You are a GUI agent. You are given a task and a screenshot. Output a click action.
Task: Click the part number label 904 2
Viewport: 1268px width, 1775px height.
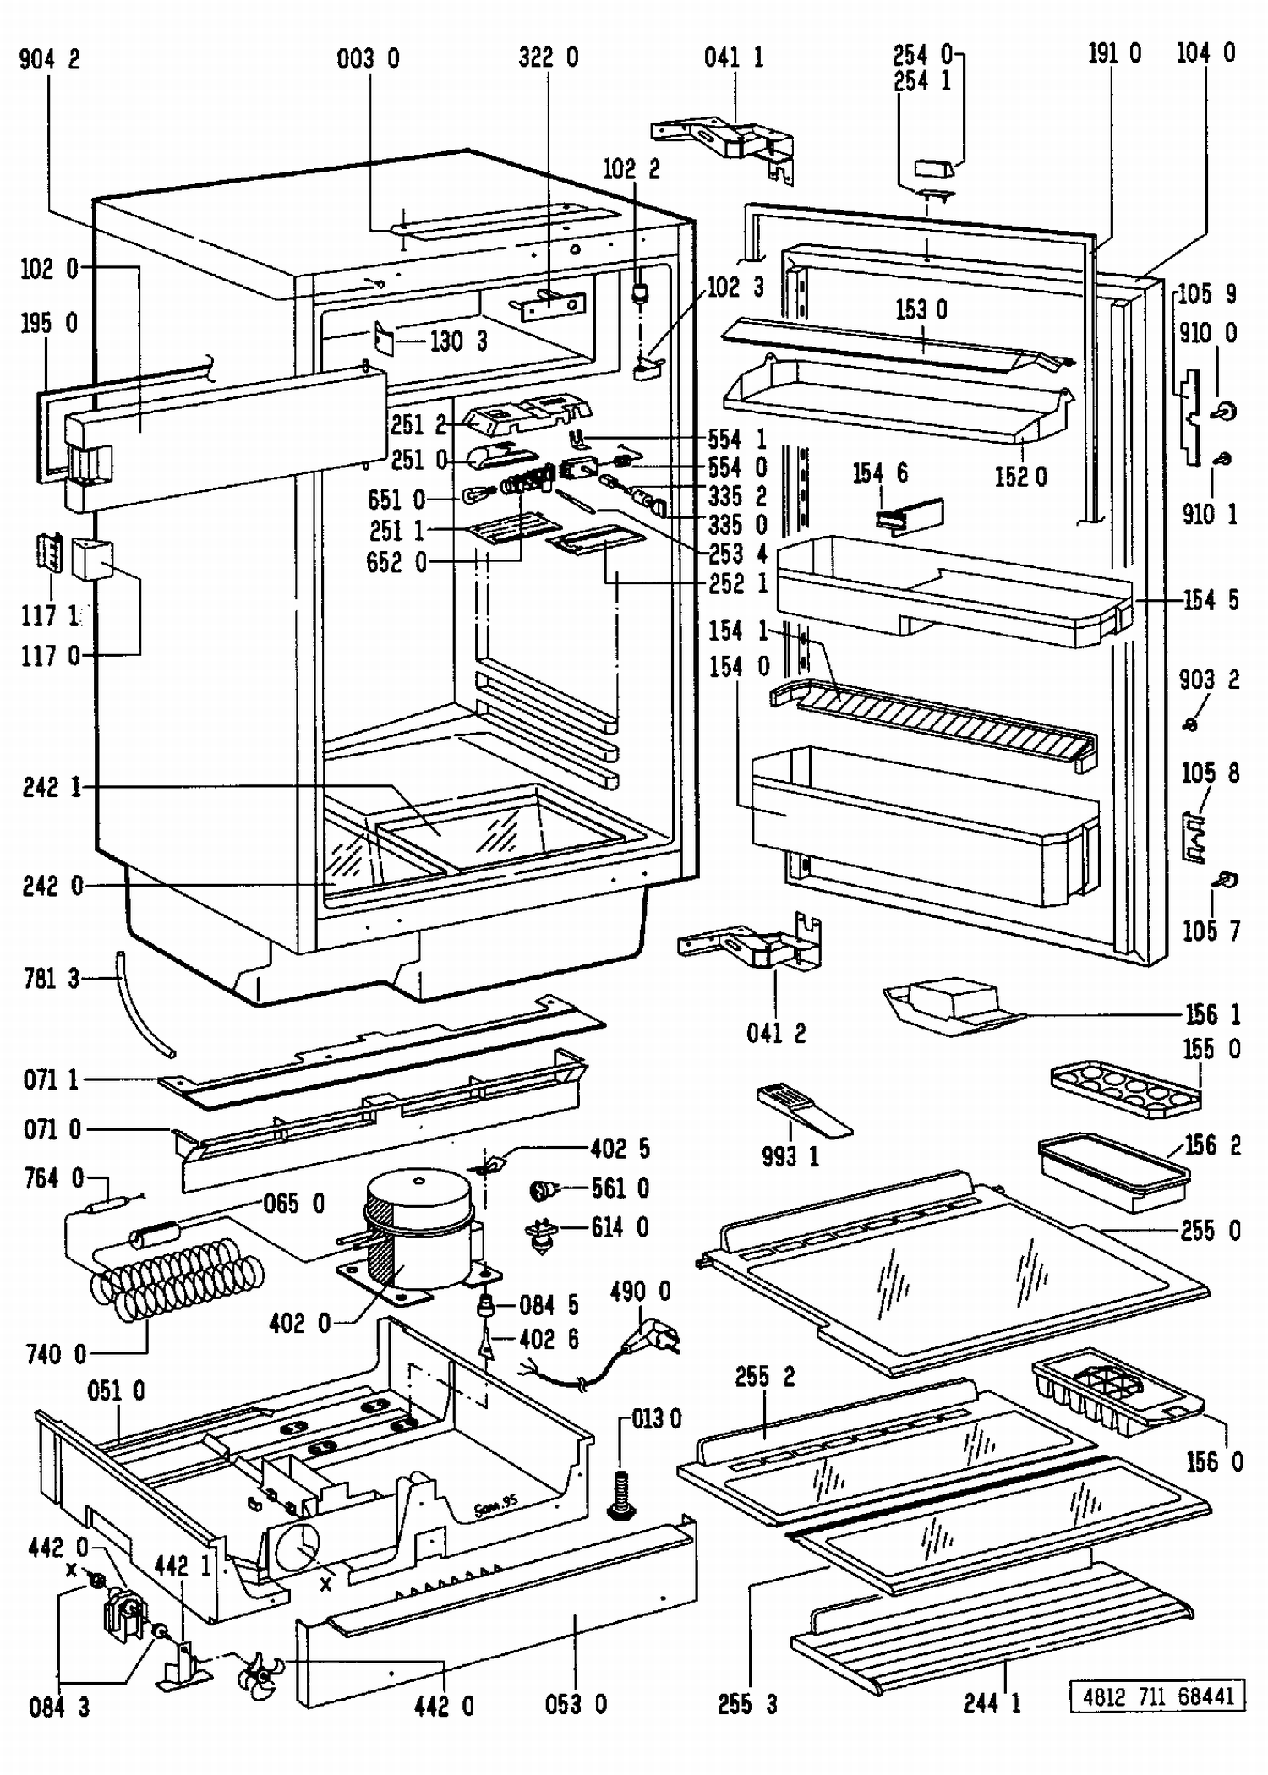click(49, 60)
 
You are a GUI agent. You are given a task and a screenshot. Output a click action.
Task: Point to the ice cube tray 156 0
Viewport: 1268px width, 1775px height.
click(1116, 1394)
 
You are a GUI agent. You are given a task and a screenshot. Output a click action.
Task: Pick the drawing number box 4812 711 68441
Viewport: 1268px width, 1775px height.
click(1157, 1696)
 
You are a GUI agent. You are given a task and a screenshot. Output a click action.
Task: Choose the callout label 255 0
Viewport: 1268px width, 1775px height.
click(1210, 1231)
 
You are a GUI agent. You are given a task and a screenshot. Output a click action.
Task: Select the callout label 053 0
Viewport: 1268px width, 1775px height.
click(576, 1705)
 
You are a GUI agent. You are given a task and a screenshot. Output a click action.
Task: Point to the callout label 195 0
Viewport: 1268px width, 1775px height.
click(49, 323)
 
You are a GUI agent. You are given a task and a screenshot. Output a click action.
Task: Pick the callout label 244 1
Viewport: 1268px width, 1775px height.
click(992, 1703)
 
